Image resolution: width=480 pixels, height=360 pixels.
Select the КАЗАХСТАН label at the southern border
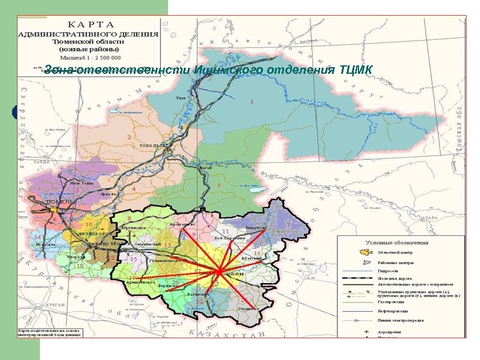[228, 333]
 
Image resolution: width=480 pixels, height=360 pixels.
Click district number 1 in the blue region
[251, 102]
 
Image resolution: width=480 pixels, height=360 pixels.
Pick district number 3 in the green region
[218, 185]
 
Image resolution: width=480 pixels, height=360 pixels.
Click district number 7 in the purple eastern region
[288, 224]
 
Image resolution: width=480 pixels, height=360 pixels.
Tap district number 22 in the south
[199, 301]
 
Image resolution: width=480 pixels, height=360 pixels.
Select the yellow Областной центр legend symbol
[365, 252]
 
